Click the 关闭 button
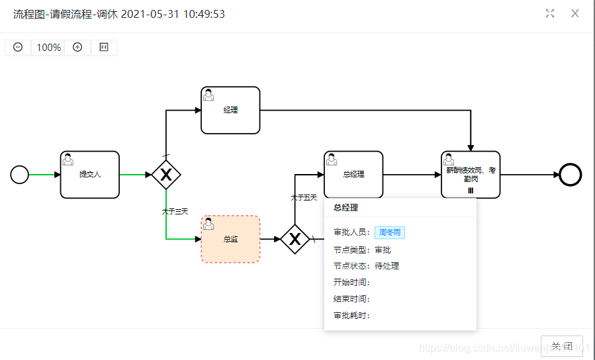(x=562, y=346)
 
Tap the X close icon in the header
(x=575, y=13)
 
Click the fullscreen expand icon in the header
(x=550, y=13)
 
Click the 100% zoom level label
(x=48, y=48)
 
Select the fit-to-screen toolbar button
(x=104, y=48)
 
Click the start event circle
(x=20, y=175)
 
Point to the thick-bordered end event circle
(x=570, y=175)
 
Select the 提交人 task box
(x=90, y=175)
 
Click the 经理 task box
(x=230, y=111)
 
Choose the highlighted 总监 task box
(x=230, y=240)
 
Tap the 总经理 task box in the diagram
(x=353, y=175)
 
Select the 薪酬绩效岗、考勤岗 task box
(x=471, y=175)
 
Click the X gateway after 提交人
(x=166, y=175)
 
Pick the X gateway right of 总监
(x=295, y=240)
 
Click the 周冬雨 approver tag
(x=389, y=233)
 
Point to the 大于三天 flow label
(x=175, y=212)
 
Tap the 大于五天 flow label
(x=304, y=198)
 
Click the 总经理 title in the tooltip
(x=345, y=208)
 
